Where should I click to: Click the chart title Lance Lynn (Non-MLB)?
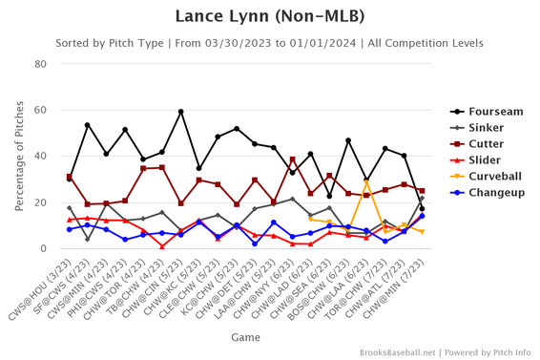(269, 16)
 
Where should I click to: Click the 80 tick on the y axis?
(41, 64)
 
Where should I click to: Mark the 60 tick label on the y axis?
(41, 111)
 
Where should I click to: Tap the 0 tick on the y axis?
(45, 249)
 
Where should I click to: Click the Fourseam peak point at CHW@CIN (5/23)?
(180, 112)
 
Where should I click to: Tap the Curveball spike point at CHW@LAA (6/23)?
(366, 181)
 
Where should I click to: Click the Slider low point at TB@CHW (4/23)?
(162, 246)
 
